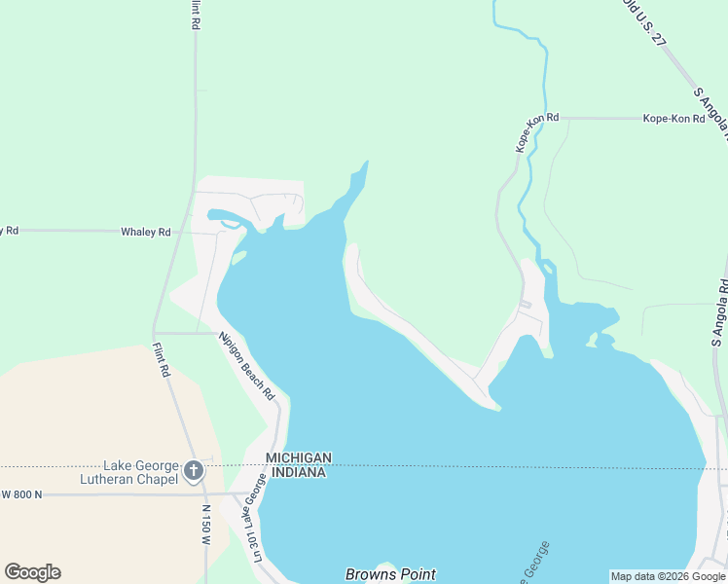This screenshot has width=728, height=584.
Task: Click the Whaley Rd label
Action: pyautogui.click(x=145, y=232)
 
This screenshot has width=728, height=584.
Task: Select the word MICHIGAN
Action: pyautogui.click(x=300, y=457)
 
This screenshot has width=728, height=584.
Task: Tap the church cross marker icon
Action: pyautogui.click(x=193, y=472)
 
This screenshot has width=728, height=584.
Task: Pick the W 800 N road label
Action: pyautogui.click(x=21, y=494)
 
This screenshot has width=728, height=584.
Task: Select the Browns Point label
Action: pyautogui.click(x=390, y=574)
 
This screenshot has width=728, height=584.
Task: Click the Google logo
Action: pyautogui.click(x=32, y=572)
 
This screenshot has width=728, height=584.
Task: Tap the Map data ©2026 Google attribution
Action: pyautogui.click(x=668, y=576)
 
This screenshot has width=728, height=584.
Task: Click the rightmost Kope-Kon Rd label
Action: pyautogui.click(x=673, y=119)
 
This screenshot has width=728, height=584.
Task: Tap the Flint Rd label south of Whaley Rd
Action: pyautogui.click(x=161, y=357)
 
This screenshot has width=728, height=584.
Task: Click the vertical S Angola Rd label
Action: pyautogui.click(x=720, y=313)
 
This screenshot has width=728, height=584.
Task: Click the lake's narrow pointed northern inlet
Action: pyautogui.click(x=361, y=176)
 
